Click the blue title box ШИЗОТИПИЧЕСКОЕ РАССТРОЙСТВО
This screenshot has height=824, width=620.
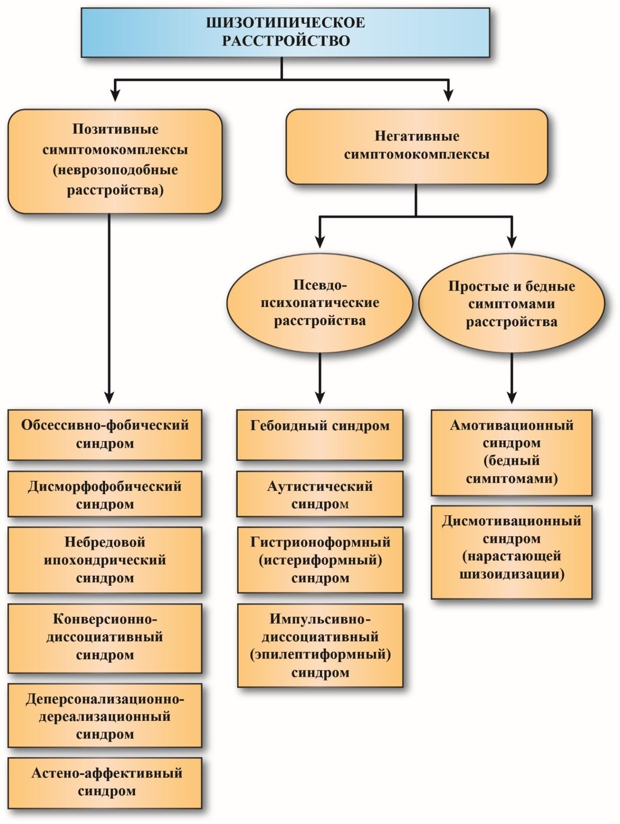coord(285,32)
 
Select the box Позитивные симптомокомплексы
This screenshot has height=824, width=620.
coord(115,161)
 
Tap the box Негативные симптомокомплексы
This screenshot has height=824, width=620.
coord(416,146)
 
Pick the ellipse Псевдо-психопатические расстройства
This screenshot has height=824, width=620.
coord(320,303)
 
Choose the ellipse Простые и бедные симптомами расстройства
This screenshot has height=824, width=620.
coord(511,304)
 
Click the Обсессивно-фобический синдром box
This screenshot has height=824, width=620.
coord(105,434)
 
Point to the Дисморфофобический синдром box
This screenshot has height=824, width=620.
coord(105,494)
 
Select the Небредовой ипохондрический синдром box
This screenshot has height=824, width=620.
coord(105,560)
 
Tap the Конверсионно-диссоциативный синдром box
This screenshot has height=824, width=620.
coord(105,637)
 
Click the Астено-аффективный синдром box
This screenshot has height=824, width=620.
coord(105,781)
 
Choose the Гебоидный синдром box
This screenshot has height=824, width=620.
coord(320,434)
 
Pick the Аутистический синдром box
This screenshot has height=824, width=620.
coord(320,494)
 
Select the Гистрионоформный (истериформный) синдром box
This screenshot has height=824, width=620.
coord(320,560)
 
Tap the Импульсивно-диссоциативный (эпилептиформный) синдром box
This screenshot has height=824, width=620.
coord(320,645)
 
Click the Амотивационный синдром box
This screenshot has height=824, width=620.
coord(511,452)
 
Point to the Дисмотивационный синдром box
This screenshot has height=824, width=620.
coord(511,551)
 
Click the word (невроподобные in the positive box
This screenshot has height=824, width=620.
coord(115,170)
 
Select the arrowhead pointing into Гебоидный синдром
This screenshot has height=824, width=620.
coord(320,397)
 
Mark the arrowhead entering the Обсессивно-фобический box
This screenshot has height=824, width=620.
coord(109,397)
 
